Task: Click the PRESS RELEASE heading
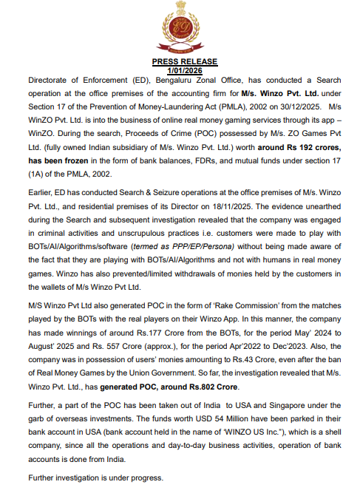coord(180,61)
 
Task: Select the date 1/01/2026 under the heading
coord(180,69)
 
